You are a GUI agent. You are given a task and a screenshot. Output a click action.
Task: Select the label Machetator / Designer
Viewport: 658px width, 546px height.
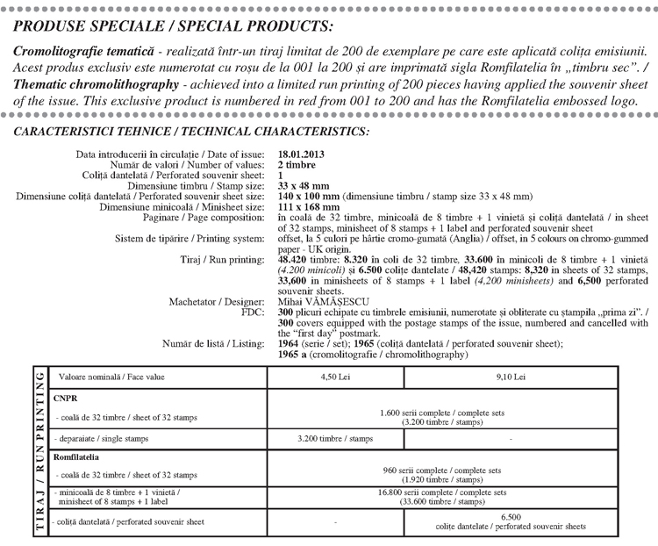[x=217, y=301]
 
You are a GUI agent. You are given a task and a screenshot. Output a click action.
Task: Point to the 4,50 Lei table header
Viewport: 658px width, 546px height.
[x=335, y=377]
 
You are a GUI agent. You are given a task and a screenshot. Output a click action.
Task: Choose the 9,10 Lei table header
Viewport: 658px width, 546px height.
[x=508, y=377]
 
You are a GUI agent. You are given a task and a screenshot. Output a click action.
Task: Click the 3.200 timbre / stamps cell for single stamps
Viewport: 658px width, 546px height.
[x=335, y=436]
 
